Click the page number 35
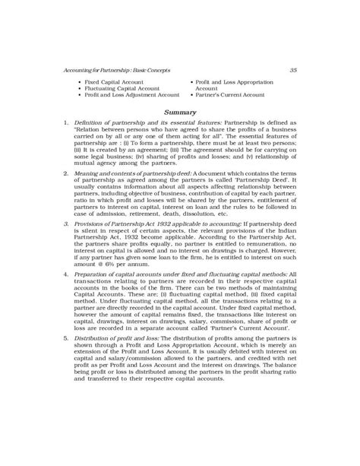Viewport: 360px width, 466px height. point(294,70)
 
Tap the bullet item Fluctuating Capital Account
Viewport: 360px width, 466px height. point(118,87)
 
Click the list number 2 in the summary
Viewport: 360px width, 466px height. point(67,174)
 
